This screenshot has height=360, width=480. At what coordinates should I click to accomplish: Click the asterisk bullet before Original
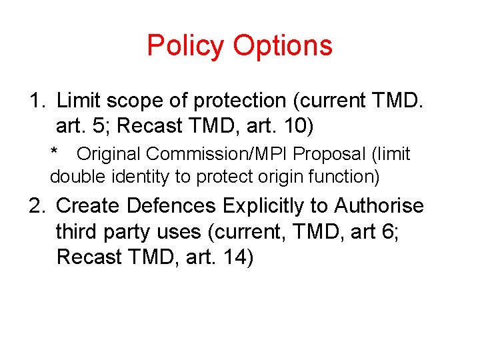55,153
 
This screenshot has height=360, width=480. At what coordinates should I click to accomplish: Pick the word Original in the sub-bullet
109,154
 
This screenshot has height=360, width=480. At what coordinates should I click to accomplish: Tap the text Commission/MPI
217,154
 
